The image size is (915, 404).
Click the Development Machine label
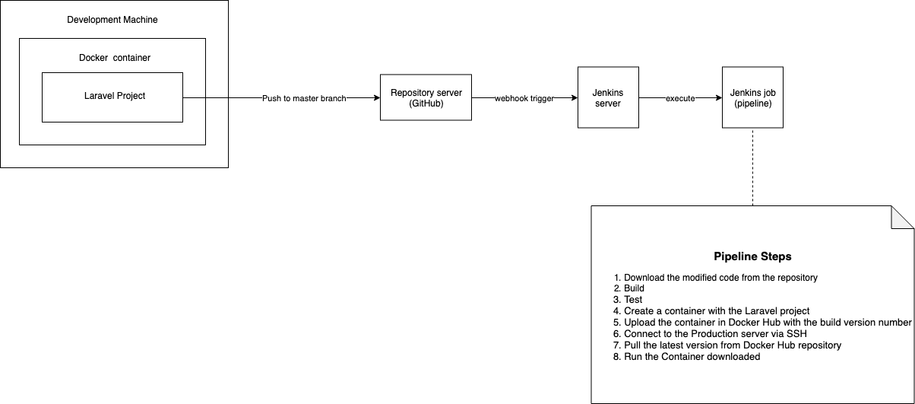click(x=112, y=20)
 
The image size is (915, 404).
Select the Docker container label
click(x=115, y=58)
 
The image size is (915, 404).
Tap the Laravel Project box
click(x=112, y=97)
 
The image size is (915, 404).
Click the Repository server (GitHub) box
click(x=426, y=97)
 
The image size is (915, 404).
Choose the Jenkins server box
click(x=608, y=97)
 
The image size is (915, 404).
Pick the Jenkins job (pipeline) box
click(x=753, y=97)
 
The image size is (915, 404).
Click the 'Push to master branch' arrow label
click(x=304, y=99)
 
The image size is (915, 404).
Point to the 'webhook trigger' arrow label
click(x=524, y=99)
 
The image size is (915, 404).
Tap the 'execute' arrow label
click(x=680, y=99)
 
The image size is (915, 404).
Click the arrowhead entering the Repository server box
click(x=377, y=97)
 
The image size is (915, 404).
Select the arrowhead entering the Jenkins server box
click(x=575, y=97)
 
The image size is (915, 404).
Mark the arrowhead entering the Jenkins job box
click(x=719, y=97)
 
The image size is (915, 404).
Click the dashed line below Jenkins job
click(x=753, y=167)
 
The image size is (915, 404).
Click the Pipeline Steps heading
click(x=752, y=256)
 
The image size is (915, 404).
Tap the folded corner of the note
click(x=902, y=218)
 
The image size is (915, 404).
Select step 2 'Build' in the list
click(x=629, y=288)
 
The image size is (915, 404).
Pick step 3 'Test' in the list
click(x=628, y=300)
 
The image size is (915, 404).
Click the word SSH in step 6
click(x=796, y=334)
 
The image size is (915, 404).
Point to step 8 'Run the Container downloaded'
click(x=687, y=357)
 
